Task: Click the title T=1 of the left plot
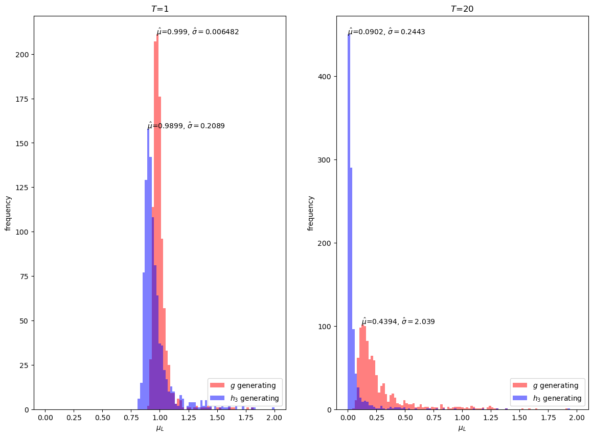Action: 159,9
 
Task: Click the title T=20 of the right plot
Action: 462,9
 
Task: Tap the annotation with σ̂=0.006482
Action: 198,32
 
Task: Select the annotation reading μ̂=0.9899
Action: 186,126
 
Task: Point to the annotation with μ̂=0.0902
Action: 386,32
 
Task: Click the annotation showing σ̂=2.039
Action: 398,321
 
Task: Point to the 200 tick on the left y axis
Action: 24,55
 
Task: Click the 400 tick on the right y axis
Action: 326,77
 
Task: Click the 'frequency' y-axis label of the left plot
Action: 8,213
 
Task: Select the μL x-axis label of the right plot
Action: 462,428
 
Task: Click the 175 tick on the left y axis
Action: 24,99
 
